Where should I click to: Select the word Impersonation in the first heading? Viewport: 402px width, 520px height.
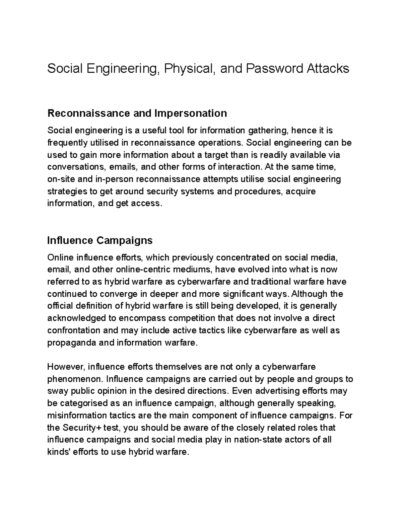click(x=190, y=113)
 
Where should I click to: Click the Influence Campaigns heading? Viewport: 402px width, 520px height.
click(x=100, y=240)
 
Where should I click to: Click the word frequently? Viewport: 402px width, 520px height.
click(x=67, y=143)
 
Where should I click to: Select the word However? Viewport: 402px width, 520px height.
click(x=66, y=367)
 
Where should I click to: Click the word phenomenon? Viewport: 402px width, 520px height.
click(x=75, y=379)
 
